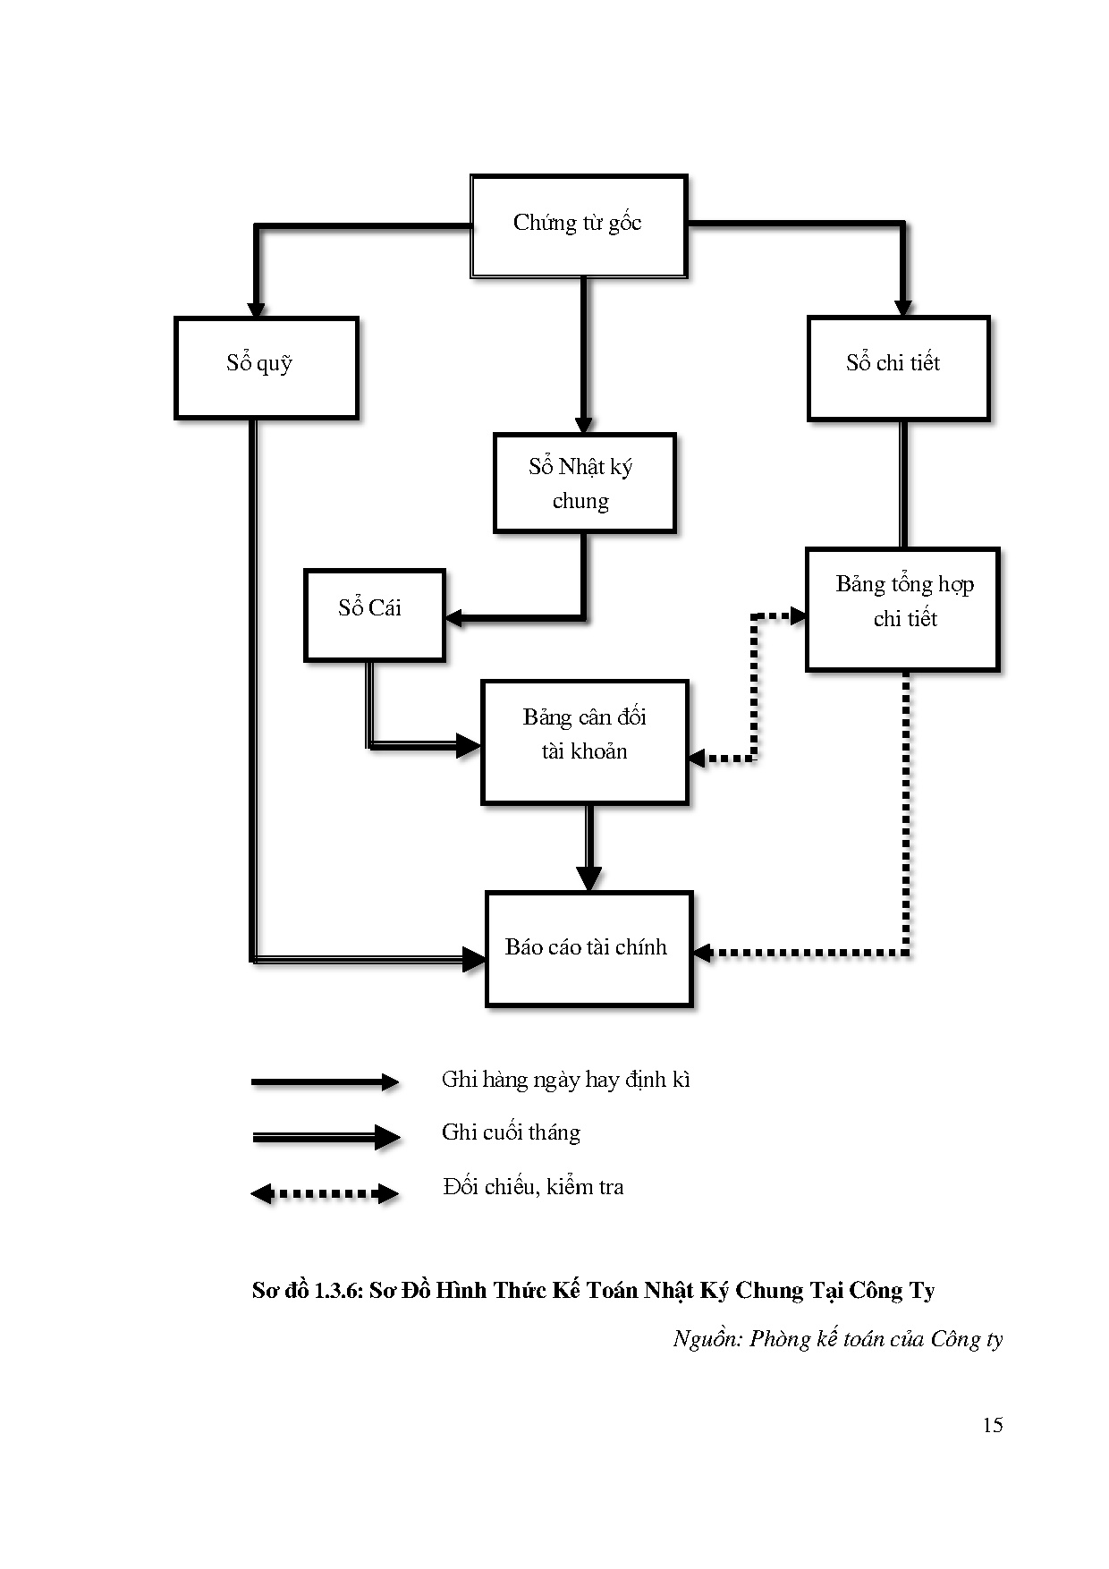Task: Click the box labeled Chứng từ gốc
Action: click(578, 225)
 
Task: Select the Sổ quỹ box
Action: click(266, 367)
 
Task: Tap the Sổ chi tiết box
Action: click(897, 367)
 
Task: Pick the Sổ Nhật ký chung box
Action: click(583, 483)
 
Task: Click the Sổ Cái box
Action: click(373, 615)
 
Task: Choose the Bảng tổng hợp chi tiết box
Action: click(902, 608)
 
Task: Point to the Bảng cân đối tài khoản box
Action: click(584, 742)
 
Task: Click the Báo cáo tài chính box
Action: click(588, 948)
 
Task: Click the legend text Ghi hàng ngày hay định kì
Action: click(565, 1080)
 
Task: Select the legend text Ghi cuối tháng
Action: click(511, 1132)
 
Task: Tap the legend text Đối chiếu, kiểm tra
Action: click(533, 1187)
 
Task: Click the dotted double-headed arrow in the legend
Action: click(325, 1193)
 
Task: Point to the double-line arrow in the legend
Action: click(325, 1137)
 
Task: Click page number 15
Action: click(992, 1425)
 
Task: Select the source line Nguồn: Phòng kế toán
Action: click(837, 1338)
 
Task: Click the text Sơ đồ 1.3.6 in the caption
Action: click(306, 1291)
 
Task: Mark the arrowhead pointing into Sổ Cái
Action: click(454, 617)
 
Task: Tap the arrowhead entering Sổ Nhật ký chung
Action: click(584, 425)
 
